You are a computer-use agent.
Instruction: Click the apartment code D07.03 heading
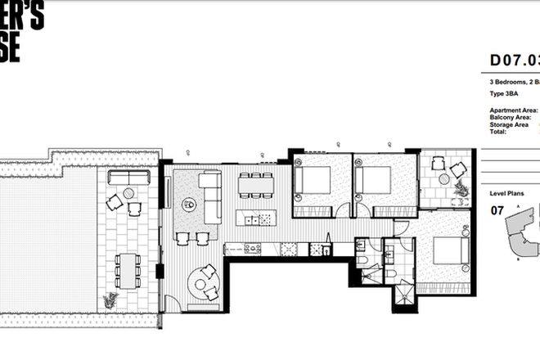[x=513, y=60]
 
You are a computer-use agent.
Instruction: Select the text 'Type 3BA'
[x=506, y=94]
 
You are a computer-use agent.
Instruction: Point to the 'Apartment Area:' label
[x=512, y=110]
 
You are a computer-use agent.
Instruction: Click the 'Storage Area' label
[x=510, y=124]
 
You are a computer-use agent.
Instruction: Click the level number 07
[x=497, y=210]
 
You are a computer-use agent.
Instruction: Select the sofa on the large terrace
[x=129, y=178]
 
